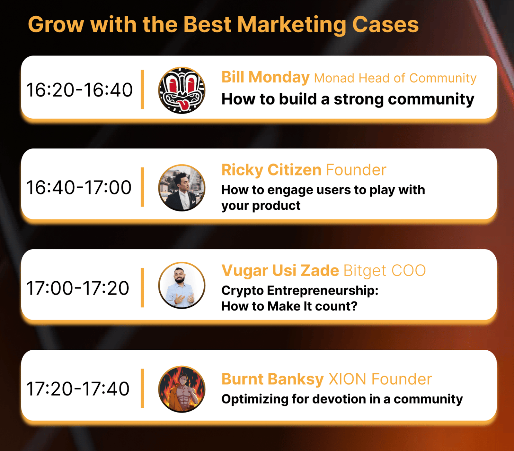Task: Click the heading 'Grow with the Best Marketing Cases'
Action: [x=223, y=25]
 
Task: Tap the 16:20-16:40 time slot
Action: [x=79, y=90]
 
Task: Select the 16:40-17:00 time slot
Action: [x=79, y=187]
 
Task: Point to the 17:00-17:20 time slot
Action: [x=78, y=288]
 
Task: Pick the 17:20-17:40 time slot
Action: [x=78, y=389]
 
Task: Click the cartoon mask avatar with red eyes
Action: [x=182, y=90]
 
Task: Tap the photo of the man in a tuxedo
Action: [x=182, y=188]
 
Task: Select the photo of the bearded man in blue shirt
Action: [x=182, y=285]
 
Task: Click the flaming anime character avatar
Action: [x=182, y=389]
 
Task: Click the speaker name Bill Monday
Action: [x=265, y=77]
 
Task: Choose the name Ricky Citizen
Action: [x=271, y=170]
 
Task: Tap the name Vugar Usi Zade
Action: [x=280, y=270]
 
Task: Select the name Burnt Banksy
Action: [x=272, y=379]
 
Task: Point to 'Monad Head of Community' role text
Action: [x=395, y=78]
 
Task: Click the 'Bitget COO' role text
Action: [x=385, y=271]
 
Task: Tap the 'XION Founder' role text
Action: [x=380, y=379]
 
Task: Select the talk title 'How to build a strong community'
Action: [x=348, y=99]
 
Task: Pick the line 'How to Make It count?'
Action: [x=289, y=306]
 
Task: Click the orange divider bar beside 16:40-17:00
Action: [x=142, y=187]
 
